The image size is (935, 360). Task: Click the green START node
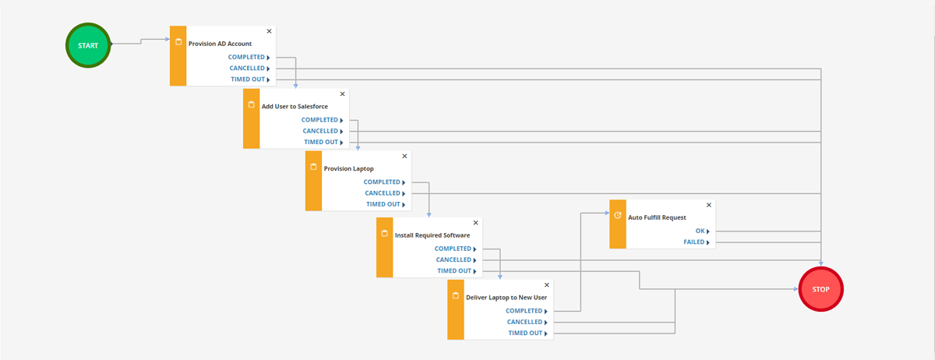pos(88,45)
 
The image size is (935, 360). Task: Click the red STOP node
pos(820,289)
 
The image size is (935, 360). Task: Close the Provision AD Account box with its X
pos(270,31)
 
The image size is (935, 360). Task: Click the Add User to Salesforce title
pos(295,107)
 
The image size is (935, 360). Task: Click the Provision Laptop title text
pos(348,169)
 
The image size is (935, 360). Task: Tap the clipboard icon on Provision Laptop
pos(313,167)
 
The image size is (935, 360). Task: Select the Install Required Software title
pos(432,235)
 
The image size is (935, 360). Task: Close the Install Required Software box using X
pos(475,223)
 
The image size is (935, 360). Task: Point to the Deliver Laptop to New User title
pos(506,298)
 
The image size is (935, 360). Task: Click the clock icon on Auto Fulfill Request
pos(618,216)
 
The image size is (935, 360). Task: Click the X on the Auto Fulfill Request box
pos(709,205)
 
